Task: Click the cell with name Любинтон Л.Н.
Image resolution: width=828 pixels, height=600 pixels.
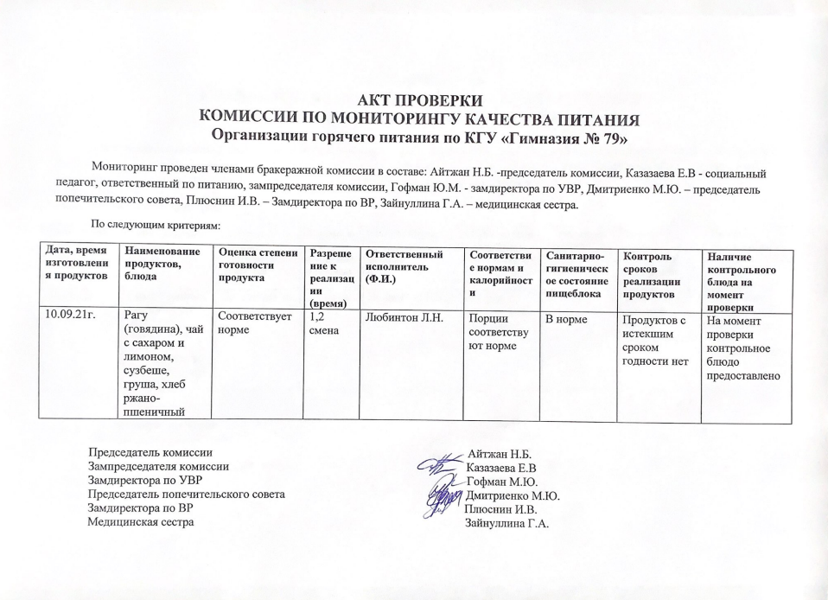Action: click(405, 316)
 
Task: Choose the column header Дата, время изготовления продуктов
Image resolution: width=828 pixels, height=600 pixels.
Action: click(76, 263)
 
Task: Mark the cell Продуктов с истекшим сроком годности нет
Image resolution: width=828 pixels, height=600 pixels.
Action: click(655, 341)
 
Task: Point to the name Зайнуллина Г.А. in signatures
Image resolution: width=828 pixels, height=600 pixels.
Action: click(508, 523)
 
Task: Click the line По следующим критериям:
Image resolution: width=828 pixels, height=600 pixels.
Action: click(157, 225)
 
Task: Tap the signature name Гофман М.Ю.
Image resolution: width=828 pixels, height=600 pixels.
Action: click(503, 482)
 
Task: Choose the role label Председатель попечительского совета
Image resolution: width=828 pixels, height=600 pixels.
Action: click(187, 495)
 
